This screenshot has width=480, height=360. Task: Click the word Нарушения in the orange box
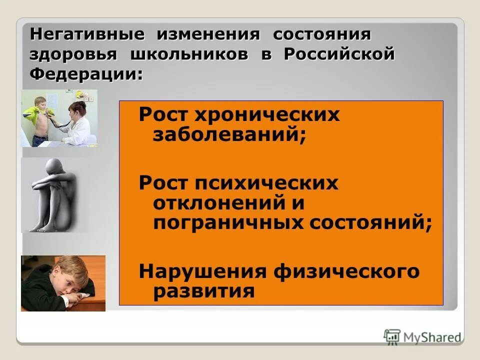tap(202, 271)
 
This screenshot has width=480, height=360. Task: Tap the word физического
tap(346, 271)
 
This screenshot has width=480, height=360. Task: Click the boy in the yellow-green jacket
tap(38, 120)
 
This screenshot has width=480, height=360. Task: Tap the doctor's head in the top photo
tap(78, 108)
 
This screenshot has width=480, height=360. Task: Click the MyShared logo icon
tap(392, 336)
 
